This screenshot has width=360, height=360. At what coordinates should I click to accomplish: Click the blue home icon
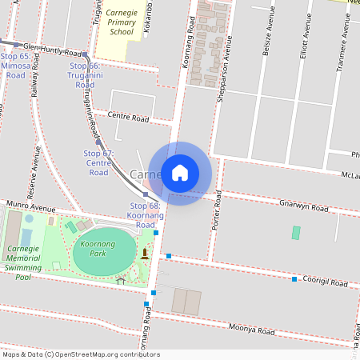point(180,173)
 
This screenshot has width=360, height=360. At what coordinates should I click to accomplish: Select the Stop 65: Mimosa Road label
point(15,65)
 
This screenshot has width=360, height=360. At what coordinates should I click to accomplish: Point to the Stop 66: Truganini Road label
point(84,74)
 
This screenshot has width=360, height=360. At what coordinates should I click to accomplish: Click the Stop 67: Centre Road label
point(98,162)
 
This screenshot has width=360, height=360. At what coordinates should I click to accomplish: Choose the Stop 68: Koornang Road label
point(145,215)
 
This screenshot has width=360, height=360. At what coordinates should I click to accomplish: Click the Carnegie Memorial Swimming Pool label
point(23,262)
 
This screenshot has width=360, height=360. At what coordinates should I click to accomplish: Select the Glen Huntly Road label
point(53,48)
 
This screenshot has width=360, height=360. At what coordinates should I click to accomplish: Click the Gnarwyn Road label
point(304,206)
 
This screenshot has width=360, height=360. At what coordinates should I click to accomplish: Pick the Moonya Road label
point(252,329)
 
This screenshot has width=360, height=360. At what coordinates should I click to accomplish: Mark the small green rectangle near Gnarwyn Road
point(296,233)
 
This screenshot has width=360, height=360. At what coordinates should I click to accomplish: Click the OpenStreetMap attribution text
point(80,354)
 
